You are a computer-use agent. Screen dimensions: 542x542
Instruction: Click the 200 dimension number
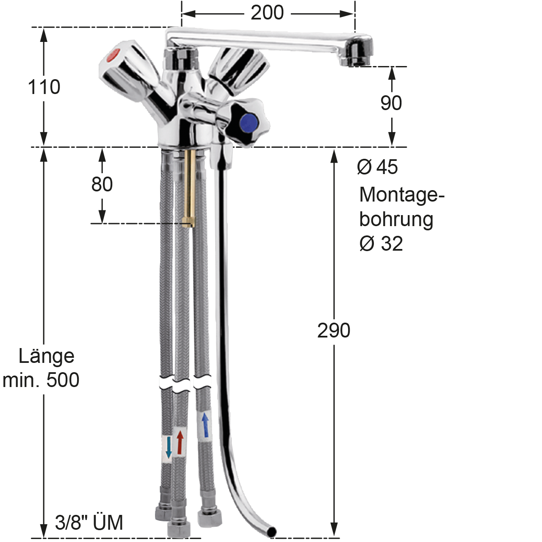coord(267,13)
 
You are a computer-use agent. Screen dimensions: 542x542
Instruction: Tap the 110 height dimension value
coord(44,87)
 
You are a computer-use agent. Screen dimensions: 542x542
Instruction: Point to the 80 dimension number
coord(102,184)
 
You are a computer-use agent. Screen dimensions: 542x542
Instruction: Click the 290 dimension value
coord(334,330)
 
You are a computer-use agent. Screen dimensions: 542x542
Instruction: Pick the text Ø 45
coord(377,167)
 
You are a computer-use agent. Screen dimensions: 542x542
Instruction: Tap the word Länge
coord(47,357)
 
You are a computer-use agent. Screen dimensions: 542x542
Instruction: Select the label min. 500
coord(41,380)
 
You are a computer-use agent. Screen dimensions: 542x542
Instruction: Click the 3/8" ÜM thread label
coord(89,523)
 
